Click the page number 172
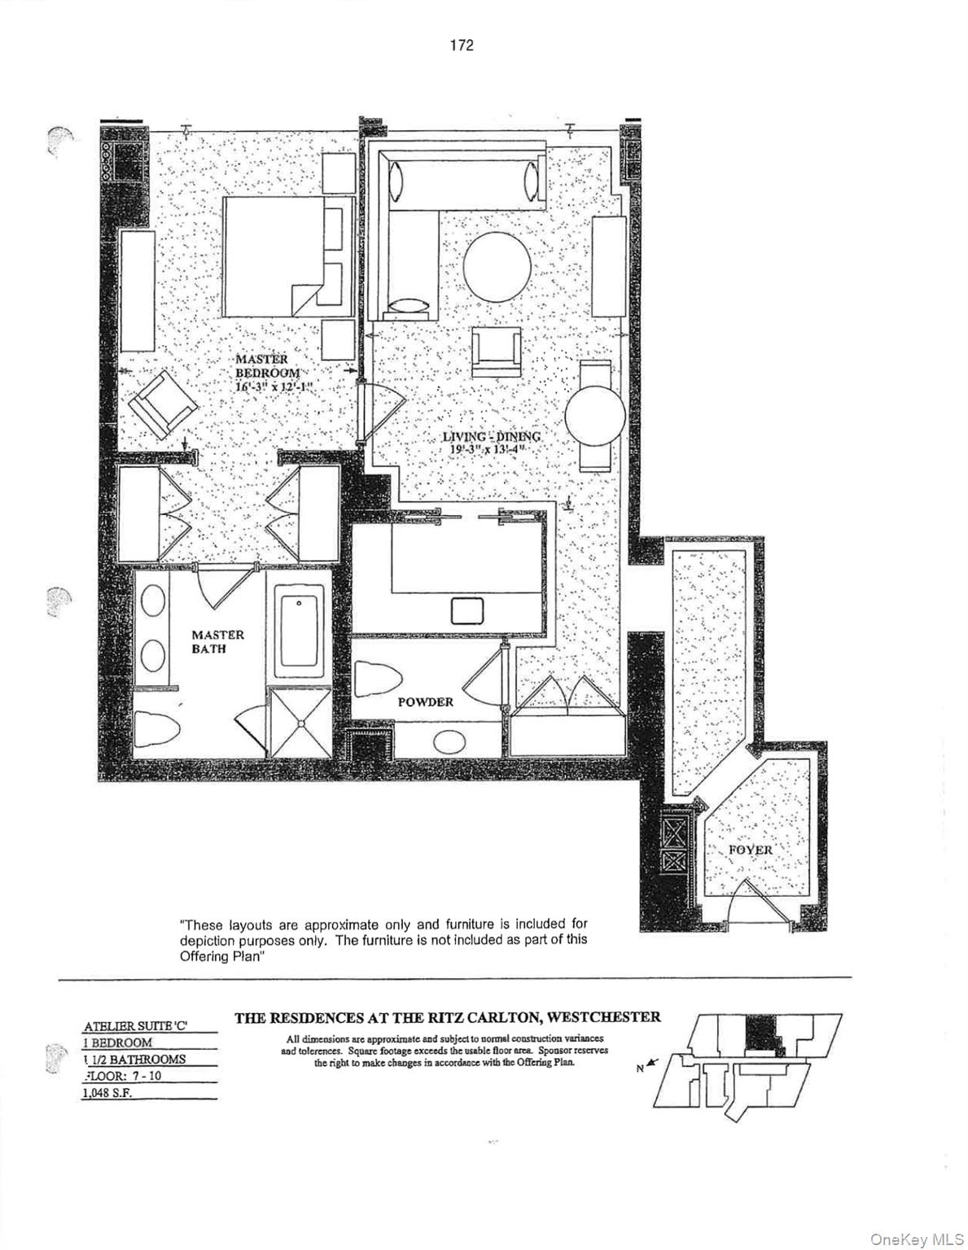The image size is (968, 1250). (461, 46)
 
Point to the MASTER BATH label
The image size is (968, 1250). (217, 641)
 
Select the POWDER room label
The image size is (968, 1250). (425, 701)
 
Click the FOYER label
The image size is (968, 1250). (750, 850)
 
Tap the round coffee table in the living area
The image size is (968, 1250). (497, 266)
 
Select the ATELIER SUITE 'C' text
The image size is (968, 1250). (135, 1026)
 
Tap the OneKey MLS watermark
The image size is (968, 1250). (915, 1239)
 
